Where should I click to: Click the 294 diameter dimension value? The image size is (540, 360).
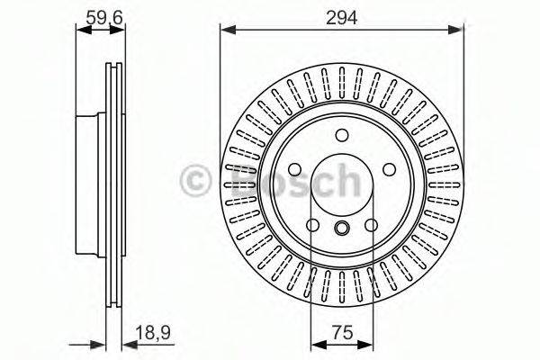pyautogui.click(x=341, y=18)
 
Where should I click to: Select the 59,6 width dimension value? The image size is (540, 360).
pyautogui.click(x=104, y=18)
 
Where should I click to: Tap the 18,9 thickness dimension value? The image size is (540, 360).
pyautogui.click(x=153, y=332)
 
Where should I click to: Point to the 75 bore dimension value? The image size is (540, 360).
pyautogui.click(x=343, y=332)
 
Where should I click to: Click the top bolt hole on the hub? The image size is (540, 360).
pyautogui.click(x=342, y=135)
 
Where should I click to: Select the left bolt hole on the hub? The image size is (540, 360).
pyautogui.click(x=295, y=169)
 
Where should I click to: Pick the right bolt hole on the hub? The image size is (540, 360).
pyautogui.click(x=389, y=169)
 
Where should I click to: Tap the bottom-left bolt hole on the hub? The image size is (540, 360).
pyautogui.click(x=312, y=225)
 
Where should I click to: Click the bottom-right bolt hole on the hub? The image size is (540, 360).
pyautogui.click(x=371, y=225)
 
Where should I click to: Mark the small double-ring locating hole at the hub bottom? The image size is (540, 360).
pyautogui.click(x=342, y=228)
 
